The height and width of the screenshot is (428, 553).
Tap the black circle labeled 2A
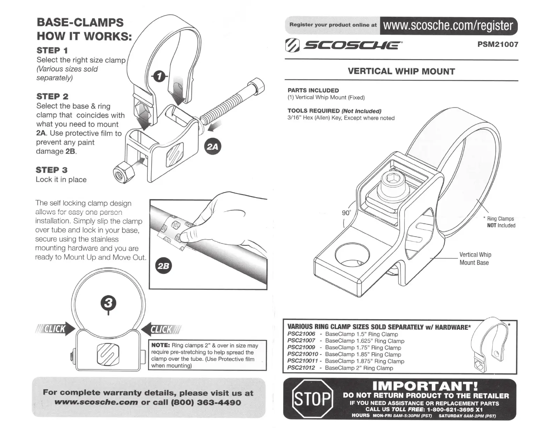tap(212, 147)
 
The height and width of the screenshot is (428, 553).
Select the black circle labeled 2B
tap(163, 266)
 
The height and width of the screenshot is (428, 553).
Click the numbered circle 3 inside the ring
tap(108, 303)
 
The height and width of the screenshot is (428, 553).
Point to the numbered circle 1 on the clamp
tap(159, 77)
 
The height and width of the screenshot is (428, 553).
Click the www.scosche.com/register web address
tap(448, 26)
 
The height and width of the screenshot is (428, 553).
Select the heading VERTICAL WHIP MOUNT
tap(401, 71)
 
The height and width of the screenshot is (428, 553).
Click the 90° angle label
tap(346, 213)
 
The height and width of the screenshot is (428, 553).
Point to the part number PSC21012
tap(301, 368)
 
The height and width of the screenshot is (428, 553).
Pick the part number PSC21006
tap(301, 334)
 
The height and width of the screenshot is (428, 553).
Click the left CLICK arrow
tap(56, 329)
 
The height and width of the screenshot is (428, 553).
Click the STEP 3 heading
tap(52, 170)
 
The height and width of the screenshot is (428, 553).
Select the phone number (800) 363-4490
tap(205, 402)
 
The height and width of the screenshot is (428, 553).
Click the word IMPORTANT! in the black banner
tap(425, 386)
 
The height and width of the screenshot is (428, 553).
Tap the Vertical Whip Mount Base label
tap(475, 259)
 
